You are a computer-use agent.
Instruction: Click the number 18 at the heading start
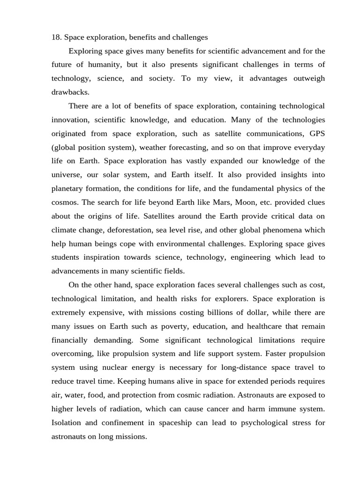tap(56, 37)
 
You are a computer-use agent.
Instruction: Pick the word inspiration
tap(110, 257)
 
